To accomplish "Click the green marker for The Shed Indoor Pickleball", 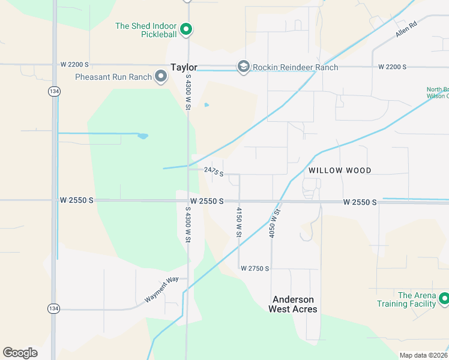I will pos(186,29).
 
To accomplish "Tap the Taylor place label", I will pos(184,68).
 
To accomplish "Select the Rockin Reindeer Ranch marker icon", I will pos(243,67).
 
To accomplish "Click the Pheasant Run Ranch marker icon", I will pos(161,76).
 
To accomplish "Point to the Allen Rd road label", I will pos(406,28).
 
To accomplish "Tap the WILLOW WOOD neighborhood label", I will pos(340,170).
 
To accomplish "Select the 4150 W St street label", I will pos(239,221).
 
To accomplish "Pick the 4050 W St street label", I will pos(275,223).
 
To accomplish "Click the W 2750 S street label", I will pos(255,269).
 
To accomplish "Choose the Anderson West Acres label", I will pos(294,304).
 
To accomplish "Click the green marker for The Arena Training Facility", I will pos(444,298).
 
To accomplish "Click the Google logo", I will pos(20,353).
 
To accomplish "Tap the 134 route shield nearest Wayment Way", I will pos(54,308).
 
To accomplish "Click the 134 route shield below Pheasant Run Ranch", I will pos(54,91).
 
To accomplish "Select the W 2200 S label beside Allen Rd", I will pos(393,67).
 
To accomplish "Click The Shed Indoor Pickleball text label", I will pos(146,31).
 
